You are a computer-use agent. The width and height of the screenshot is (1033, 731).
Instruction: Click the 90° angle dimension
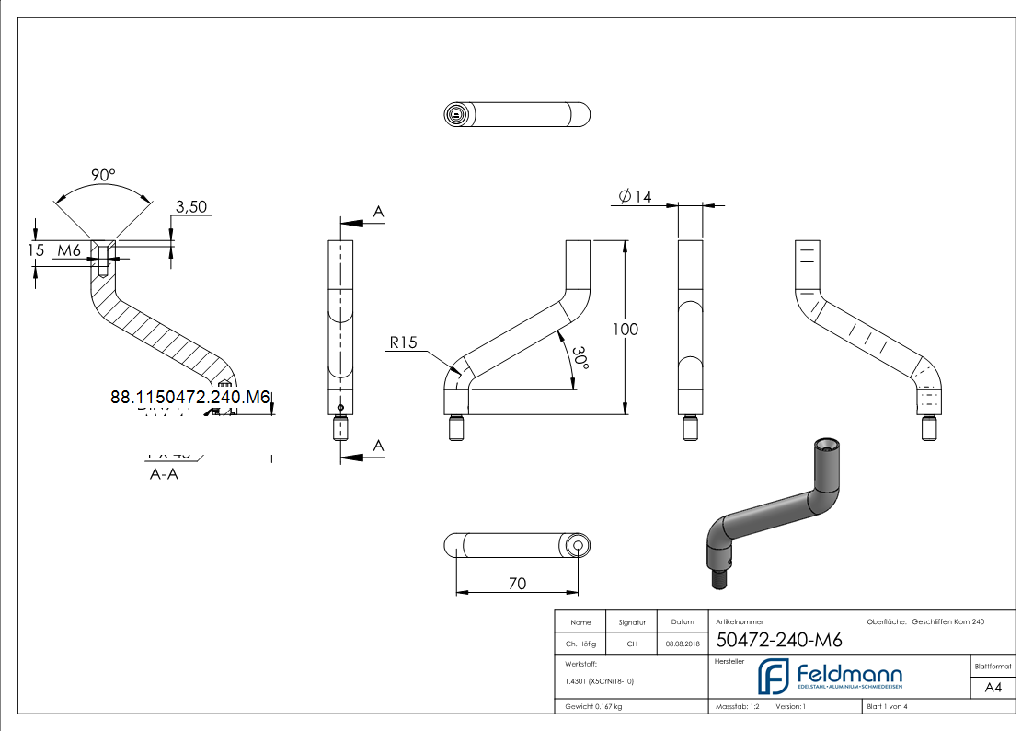point(103,175)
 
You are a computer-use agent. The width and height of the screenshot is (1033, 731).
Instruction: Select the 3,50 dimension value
point(190,207)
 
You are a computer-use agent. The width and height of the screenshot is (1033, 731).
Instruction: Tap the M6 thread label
point(70,250)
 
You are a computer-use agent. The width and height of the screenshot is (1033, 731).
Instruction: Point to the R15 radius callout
point(403,342)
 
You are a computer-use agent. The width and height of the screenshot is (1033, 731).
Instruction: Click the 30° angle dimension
point(578,359)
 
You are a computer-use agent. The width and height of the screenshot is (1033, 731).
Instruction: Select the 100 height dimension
point(626,329)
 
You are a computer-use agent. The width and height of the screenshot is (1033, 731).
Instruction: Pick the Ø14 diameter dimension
point(636,196)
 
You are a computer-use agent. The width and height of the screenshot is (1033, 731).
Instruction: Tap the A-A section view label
point(164,475)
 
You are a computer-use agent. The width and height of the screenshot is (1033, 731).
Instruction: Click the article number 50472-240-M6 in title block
point(778,641)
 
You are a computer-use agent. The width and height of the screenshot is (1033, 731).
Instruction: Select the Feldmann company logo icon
point(773,676)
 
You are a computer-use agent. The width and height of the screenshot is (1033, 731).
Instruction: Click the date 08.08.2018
point(681,644)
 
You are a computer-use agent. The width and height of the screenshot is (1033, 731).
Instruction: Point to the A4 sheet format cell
point(993,687)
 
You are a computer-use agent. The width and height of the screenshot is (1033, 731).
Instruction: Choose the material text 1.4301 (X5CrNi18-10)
point(599,681)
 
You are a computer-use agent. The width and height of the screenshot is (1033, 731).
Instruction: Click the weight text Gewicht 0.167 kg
point(593,706)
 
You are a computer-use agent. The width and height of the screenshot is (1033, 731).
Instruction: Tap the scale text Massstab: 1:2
point(738,706)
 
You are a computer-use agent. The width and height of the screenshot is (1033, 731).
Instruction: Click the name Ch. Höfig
point(580,644)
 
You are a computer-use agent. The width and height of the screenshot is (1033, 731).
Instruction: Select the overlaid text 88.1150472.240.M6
point(189,397)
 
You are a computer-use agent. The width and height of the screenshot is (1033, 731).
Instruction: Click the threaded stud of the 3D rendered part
point(721,580)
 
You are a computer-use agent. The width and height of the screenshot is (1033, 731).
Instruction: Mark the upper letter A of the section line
point(377,212)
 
